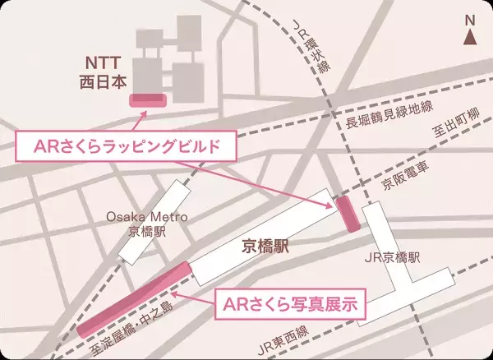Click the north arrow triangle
point(470,37)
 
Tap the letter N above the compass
point(470,21)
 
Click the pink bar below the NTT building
point(148,100)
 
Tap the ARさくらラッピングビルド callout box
point(128,149)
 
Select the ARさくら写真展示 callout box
point(289,304)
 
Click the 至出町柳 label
point(455,122)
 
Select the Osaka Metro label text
point(148,217)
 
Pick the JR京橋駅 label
point(391,258)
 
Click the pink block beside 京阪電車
point(347,213)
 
